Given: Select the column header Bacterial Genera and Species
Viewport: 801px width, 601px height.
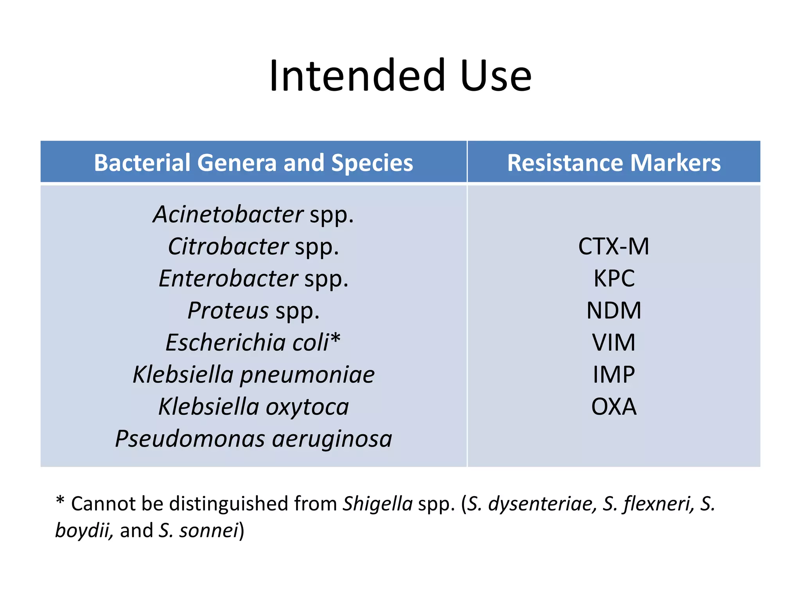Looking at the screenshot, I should (253, 163).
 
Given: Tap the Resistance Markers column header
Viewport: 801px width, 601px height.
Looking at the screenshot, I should (614, 163).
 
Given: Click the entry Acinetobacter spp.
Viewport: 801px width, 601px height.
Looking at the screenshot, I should (253, 215).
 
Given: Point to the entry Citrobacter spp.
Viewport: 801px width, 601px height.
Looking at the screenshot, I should (253, 247).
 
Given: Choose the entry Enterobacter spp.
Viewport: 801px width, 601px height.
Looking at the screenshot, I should (253, 279).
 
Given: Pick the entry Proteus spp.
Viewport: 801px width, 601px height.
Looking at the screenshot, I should (253, 311).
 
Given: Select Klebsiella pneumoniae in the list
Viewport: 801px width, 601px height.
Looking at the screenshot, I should (253, 375).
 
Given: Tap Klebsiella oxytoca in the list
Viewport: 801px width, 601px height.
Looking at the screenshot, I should (253, 407).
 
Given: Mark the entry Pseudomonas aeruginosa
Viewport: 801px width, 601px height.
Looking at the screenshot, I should (253, 439).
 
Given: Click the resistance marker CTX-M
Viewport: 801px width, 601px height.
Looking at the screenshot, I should (614, 247).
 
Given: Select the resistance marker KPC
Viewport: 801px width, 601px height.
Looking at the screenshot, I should (614, 279).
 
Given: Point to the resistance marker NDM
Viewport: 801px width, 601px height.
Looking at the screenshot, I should (614, 311).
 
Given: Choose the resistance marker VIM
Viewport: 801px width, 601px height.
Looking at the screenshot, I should (614, 343).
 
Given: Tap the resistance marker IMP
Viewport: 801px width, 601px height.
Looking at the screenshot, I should (614, 375).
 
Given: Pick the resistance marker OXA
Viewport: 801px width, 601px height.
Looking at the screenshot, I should (614, 407).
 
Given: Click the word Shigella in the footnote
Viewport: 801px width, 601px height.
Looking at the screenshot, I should (377, 504).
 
